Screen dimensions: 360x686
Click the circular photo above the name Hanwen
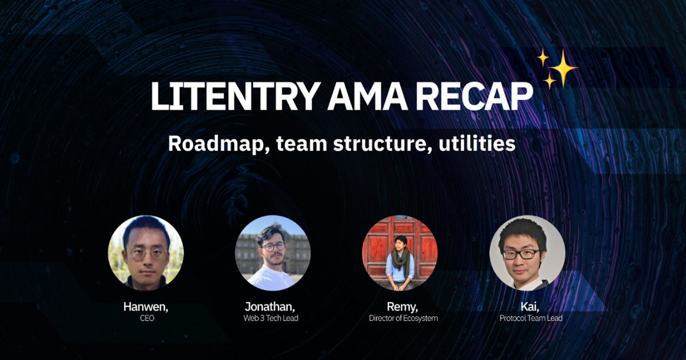(146, 253)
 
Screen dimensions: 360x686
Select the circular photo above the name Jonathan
(273, 253)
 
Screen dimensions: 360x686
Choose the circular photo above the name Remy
(400, 253)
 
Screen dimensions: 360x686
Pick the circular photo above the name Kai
(527, 253)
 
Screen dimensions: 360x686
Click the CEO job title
(146, 318)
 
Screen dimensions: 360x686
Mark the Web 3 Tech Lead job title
(271, 318)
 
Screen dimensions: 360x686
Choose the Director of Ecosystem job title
(404, 318)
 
